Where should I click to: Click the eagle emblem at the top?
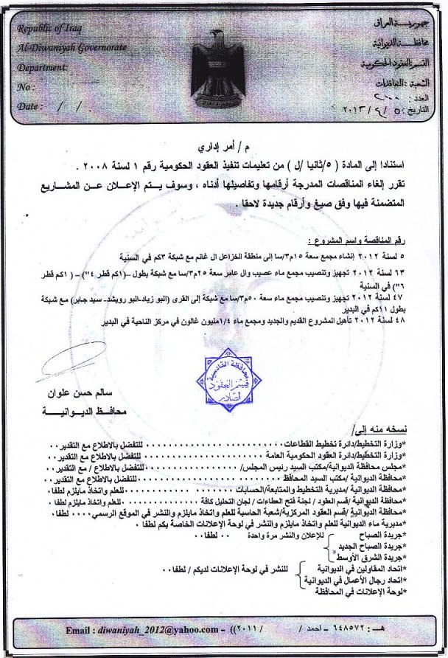tap(218, 58)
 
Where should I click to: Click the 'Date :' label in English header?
tap(29, 106)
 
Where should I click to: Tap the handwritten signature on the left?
tap(66, 361)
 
